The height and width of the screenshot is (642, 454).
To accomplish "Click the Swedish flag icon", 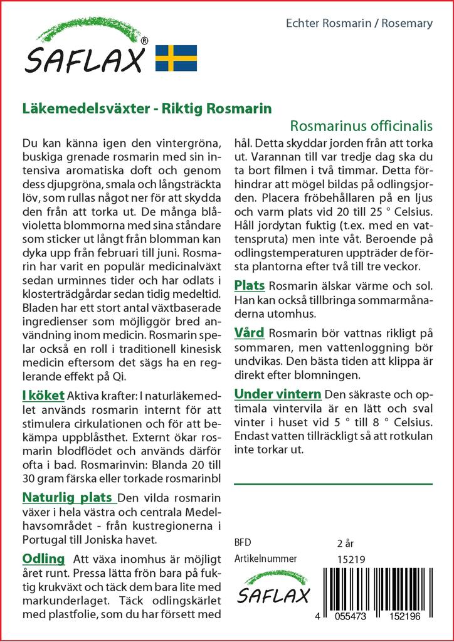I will (x=176, y=58).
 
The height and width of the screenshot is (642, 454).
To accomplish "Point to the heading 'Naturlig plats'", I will (x=68, y=498).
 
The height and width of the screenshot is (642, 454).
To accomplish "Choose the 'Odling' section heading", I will (x=43, y=559).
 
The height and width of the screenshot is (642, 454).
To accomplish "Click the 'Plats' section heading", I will (x=249, y=286).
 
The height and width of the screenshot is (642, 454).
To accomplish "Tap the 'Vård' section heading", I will (x=249, y=332).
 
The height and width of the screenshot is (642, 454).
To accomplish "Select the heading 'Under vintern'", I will (x=277, y=394).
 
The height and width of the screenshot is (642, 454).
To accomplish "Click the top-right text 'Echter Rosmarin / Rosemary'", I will (x=359, y=24).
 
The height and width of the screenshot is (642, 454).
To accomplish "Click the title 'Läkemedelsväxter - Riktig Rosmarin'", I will (x=147, y=108).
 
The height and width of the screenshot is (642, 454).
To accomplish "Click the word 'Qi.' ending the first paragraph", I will (x=119, y=377).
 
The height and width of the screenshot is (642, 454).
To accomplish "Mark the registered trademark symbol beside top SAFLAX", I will (x=144, y=41).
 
